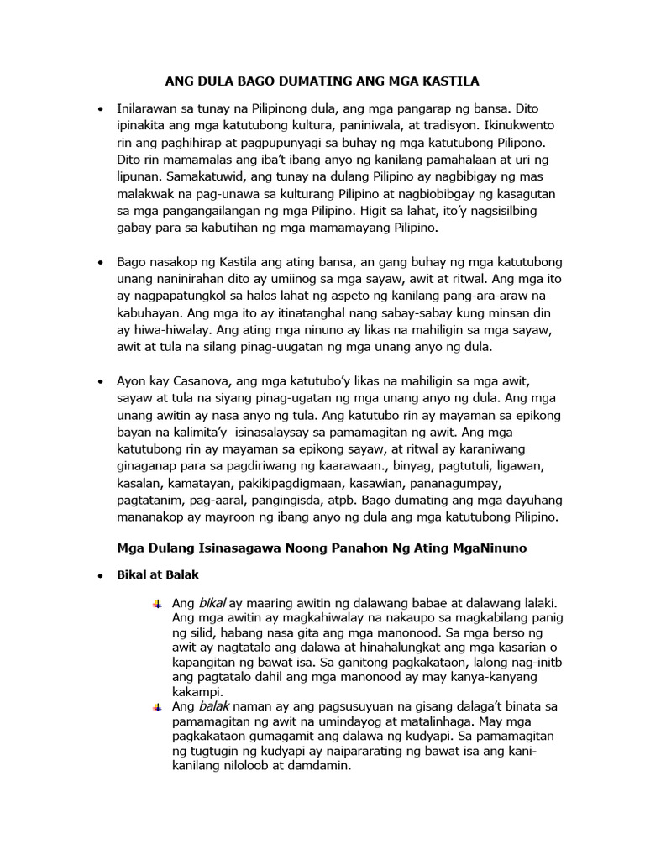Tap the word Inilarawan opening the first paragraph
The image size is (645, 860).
tap(153, 108)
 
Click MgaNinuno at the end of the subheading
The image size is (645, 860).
tap(487, 548)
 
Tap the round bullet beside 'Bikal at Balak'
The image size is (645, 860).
tap(101, 576)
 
